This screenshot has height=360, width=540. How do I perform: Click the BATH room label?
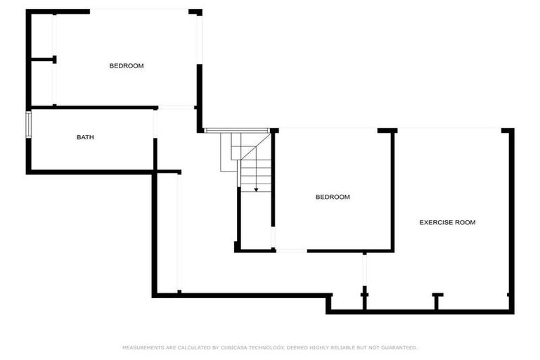85,137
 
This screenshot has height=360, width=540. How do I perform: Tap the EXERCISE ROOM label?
447,222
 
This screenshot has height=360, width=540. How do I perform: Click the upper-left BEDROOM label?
127,66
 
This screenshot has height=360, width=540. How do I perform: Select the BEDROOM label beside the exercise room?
332,198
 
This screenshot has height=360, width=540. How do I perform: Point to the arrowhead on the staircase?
256,188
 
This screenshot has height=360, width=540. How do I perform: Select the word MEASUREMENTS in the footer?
143,347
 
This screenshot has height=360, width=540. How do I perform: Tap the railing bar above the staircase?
236,130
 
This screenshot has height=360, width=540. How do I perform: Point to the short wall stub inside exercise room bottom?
437,302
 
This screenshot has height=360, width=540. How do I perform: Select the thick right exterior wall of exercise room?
512,218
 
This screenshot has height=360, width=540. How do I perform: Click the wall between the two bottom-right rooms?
393,190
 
